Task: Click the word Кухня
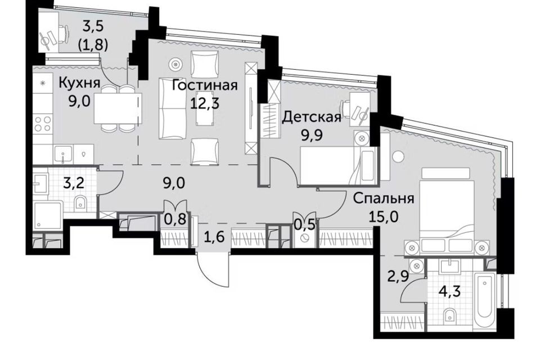click(79, 83)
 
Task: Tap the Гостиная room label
click(205, 85)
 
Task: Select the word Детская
click(312, 118)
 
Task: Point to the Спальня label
click(383, 199)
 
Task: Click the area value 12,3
click(205, 103)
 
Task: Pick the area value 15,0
click(383, 217)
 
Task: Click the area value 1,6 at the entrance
click(214, 237)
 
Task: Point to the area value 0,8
click(175, 219)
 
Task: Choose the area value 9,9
click(312, 136)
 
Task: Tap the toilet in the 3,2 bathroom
click(80, 204)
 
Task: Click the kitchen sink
click(62, 154)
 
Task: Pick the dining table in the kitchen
click(118, 108)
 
